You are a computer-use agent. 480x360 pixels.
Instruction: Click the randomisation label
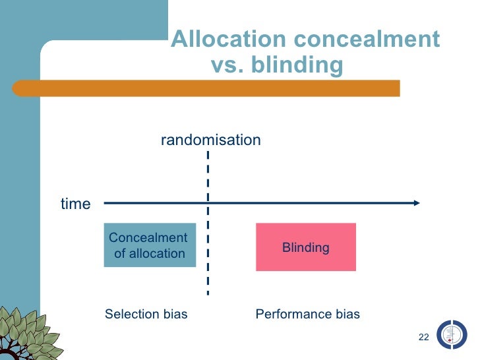tap(211, 140)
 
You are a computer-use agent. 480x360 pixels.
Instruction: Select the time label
tap(75, 204)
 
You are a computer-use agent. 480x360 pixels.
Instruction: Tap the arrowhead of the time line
tap(416, 203)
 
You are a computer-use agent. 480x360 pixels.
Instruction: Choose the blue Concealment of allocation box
tap(150, 245)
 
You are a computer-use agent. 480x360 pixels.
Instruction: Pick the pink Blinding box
tap(306, 247)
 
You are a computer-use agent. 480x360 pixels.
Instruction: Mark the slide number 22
tap(424, 338)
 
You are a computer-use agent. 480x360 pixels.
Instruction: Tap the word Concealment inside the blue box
tap(148, 238)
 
